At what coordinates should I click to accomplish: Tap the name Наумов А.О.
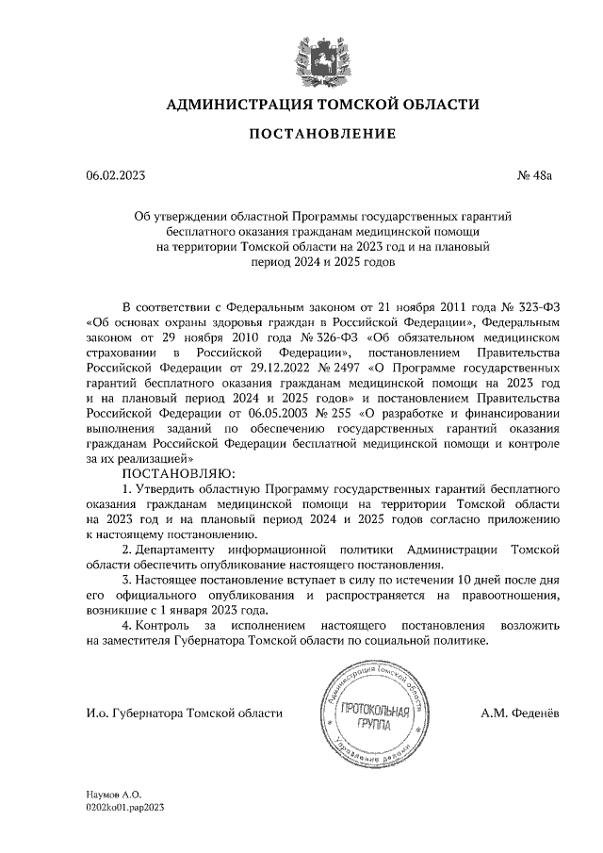[x=113, y=796]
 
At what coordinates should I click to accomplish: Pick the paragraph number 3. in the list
[x=128, y=580]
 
